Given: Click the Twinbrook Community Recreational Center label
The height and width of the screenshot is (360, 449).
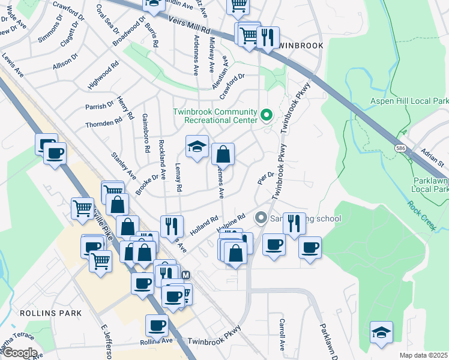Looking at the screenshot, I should (215, 116).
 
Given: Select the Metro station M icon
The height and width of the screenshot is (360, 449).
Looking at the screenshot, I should (185, 274).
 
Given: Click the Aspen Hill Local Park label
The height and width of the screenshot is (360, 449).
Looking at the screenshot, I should (409, 101).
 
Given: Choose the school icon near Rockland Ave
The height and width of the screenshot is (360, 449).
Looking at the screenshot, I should (196, 147).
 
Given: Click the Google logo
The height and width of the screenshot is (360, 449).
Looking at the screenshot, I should (19, 353).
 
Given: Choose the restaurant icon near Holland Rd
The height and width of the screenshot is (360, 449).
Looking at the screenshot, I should (172, 226).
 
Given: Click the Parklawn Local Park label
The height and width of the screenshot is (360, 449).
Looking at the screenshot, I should (430, 184).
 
